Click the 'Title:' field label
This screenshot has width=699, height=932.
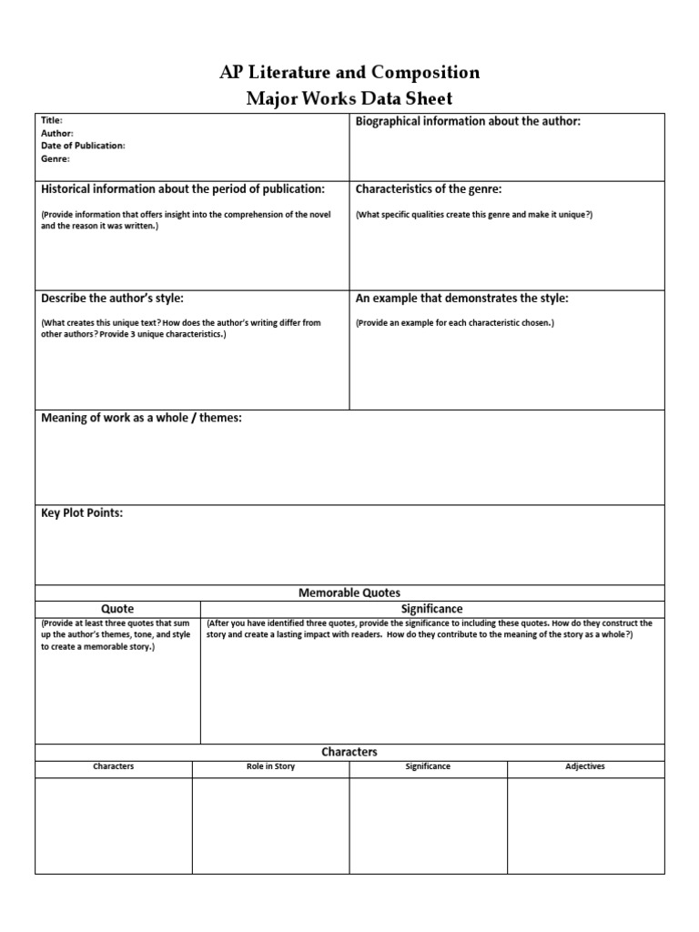pyautogui.click(x=52, y=120)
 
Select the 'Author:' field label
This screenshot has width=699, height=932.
pyautogui.click(x=57, y=133)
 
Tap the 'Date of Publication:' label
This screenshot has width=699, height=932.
pyautogui.click(x=83, y=146)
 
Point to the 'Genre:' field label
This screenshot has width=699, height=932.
pyautogui.click(x=56, y=158)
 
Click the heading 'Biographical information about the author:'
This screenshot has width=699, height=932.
pyautogui.click(x=468, y=121)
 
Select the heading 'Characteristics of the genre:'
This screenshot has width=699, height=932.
pyautogui.click(x=429, y=189)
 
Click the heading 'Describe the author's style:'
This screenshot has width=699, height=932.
pyautogui.click(x=114, y=299)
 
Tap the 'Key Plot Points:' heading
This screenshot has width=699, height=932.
pyautogui.click(x=82, y=513)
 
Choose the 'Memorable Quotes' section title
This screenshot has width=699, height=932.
pyautogui.click(x=349, y=593)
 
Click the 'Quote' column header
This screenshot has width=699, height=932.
pyautogui.click(x=117, y=608)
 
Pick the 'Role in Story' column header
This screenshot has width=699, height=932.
pyautogui.click(x=270, y=766)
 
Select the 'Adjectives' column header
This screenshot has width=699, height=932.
pyautogui.click(x=585, y=766)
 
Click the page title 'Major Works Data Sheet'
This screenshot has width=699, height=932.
pyautogui.click(x=349, y=97)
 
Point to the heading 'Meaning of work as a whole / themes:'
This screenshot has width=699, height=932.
pyautogui.click(x=141, y=418)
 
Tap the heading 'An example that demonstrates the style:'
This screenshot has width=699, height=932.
pyautogui.click(x=462, y=299)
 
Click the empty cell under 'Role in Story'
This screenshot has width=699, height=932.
pyautogui.click(x=270, y=825)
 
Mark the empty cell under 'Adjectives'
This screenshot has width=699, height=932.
pyautogui.click(x=585, y=825)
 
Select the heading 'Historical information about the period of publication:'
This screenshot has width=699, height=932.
pyautogui.click(x=183, y=189)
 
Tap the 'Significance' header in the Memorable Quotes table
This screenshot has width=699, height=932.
pyautogui.click(x=431, y=608)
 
